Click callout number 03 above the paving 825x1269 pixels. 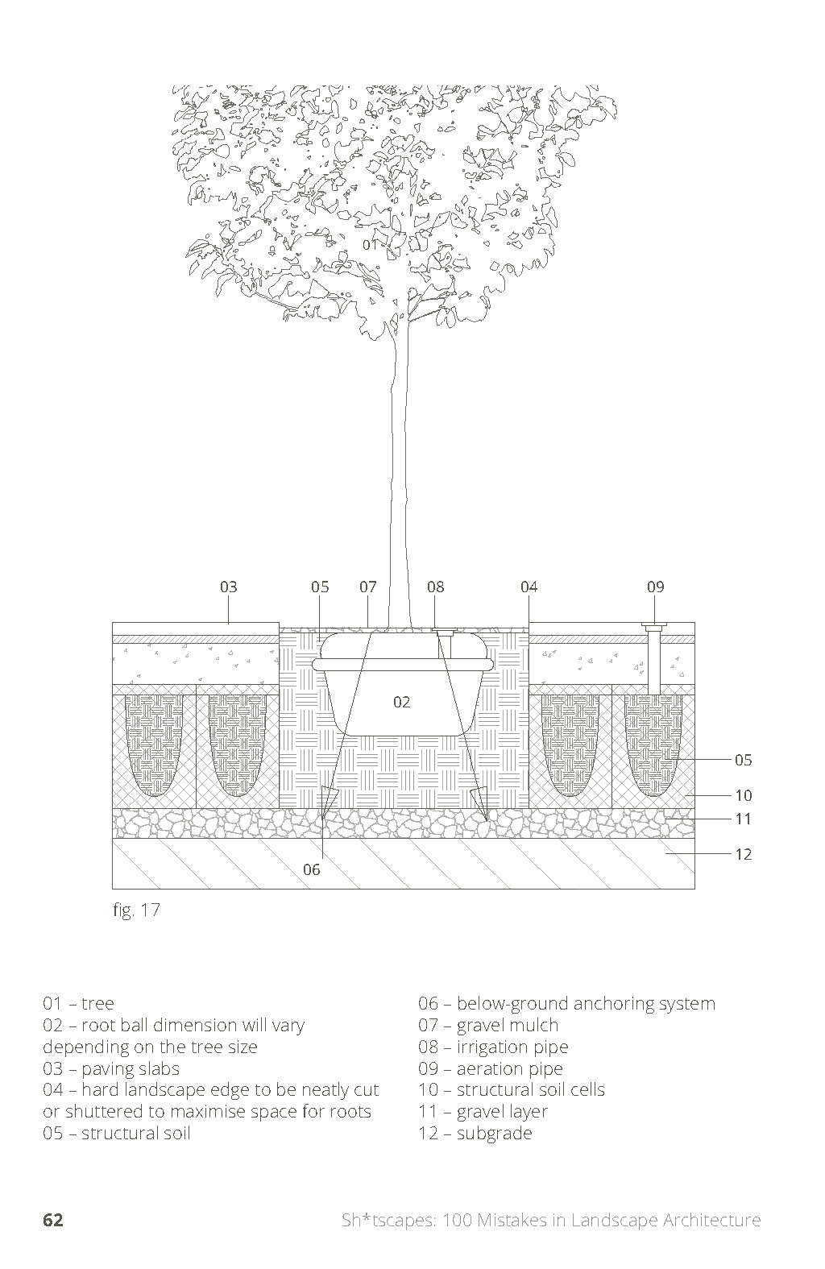229,587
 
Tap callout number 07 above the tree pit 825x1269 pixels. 368,587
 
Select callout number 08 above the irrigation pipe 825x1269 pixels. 436,587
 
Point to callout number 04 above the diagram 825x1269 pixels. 529,587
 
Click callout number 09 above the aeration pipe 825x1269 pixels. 656,587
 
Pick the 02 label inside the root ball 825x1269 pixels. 402,702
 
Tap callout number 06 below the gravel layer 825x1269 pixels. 312,869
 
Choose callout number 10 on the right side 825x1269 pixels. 743,795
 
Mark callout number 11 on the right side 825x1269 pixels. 743,819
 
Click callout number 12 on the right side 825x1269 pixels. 743,854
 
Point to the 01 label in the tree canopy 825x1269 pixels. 370,244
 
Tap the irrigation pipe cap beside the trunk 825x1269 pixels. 443,632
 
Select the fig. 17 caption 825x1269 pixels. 136,910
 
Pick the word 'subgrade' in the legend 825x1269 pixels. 494,1134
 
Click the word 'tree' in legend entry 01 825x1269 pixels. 97,1004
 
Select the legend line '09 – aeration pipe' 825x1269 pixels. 490,1069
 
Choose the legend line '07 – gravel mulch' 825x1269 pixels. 487,1026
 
